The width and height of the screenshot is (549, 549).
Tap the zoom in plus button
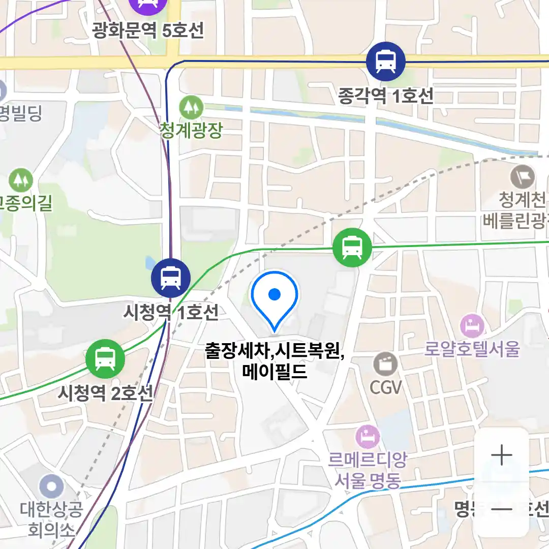(502, 455)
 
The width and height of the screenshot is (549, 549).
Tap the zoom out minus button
(502, 509)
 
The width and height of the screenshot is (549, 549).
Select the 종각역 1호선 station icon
(386, 62)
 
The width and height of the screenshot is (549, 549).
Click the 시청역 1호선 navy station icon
(171, 278)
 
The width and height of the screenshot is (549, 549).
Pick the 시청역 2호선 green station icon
(105, 358)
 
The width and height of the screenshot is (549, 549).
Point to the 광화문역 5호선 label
(148, 31)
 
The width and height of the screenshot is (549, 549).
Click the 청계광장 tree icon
(191, 107)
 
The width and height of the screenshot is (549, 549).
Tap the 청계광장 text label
(191, 131)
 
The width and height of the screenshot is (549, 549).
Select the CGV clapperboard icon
(386, 364)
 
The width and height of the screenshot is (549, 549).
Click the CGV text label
(386, 387)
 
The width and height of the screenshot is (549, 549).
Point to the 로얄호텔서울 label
(472, 349)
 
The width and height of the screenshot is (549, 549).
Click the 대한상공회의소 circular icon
(51, 487)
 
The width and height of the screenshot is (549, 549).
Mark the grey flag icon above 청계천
(523, 177)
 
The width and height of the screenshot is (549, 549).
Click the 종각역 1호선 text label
(386, 96)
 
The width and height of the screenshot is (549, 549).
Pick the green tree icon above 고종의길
(21, 180)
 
